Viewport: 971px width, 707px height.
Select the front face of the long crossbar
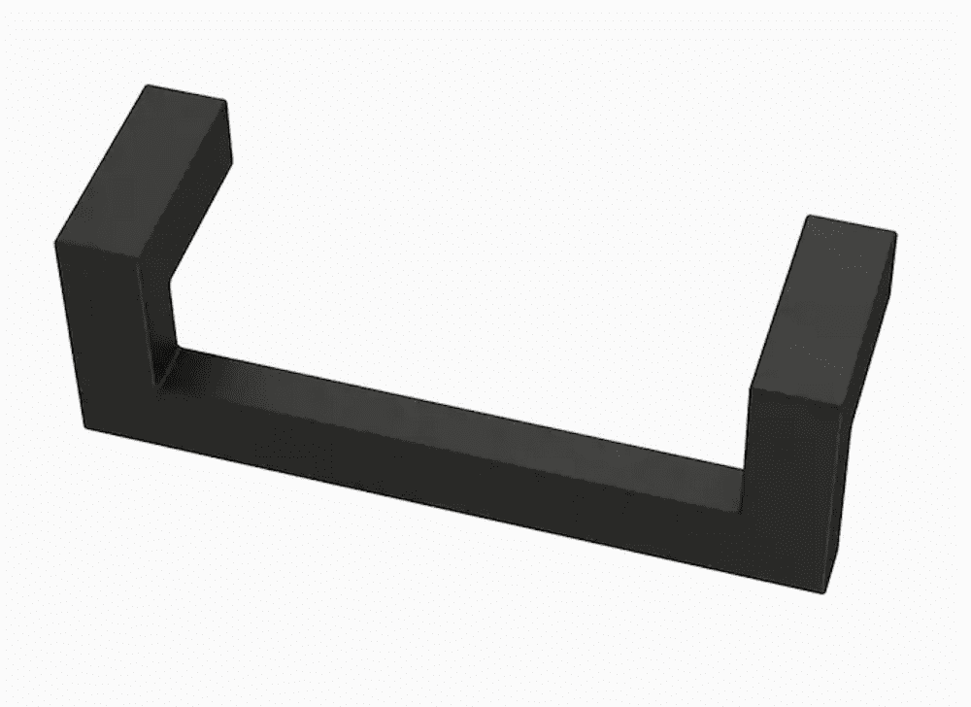point(456,476)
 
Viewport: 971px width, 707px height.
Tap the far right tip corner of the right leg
point(895,233)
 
